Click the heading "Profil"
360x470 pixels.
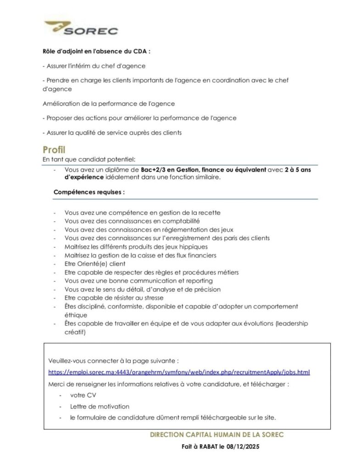point(54,150)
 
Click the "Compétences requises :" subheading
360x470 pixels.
point(89,192)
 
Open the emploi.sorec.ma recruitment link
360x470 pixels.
point(179,372)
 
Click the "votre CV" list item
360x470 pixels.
point(83,395)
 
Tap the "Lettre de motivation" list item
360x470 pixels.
point(100,406)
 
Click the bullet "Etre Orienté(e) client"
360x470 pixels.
point(95,264)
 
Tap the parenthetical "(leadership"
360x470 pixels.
point(291,324)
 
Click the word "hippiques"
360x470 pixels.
point(183,246)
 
